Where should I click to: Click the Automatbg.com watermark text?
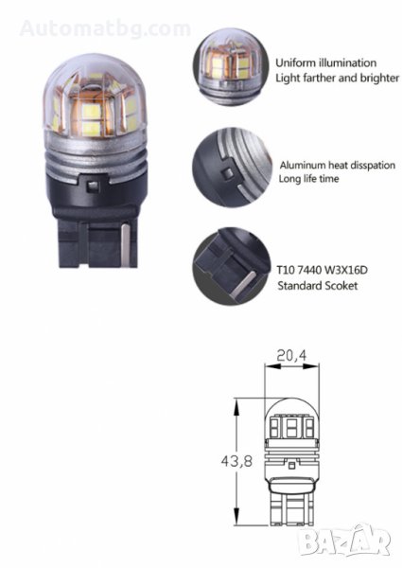(x=105, y=28)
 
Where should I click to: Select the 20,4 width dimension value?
(x=291, y=356)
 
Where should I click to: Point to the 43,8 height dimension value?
(x=236, y=462)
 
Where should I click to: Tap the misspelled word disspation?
(x=370, y=166)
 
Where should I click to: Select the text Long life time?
(x=308, y=179)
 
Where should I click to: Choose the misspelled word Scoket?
(x=341, y=286)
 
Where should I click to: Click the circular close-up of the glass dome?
(x=231, y=67)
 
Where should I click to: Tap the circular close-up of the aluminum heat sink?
(x=232, y=167)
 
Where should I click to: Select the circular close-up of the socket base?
(x=232, y=266)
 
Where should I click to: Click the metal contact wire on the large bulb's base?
(x=126, y=245)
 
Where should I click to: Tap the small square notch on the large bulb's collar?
(x=93, y=186)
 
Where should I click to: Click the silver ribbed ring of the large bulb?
(x=96, y=158)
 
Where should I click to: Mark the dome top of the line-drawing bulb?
(x=292, y=406)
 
